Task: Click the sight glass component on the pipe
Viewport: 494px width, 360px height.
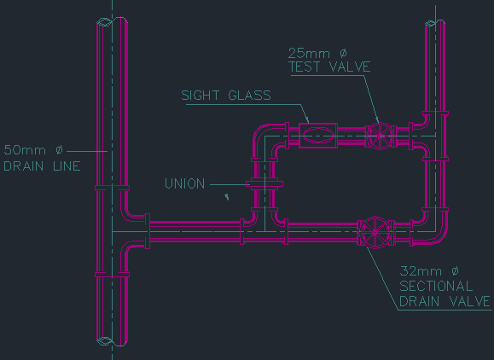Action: coord(318,136)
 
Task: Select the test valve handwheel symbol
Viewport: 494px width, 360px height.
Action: coord(381,136)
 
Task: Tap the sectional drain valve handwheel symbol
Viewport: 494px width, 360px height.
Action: coord(375,232)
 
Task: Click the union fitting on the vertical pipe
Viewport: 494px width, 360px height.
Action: coord(264,184)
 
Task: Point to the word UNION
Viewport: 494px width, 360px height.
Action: coord(185,183)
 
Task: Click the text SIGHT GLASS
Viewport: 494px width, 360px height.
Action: coord(226,95)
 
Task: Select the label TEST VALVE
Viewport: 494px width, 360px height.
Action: coord(329,67)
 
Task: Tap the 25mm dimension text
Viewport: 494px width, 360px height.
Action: coord(317,53)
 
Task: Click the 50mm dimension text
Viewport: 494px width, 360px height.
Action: coord(33,150)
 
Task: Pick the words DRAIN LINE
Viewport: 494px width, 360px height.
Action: coord(42,166)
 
